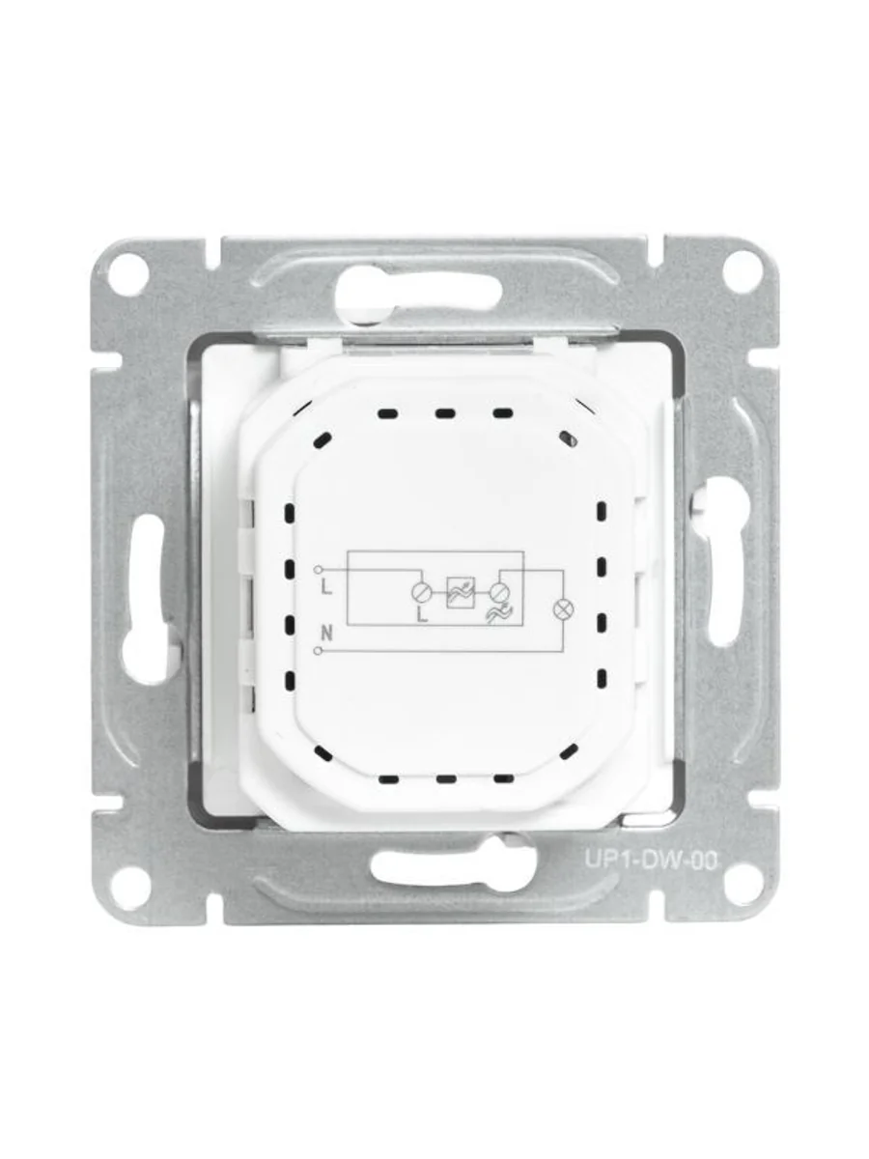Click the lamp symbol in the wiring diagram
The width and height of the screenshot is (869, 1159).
563,609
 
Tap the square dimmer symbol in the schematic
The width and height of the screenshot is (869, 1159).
462,592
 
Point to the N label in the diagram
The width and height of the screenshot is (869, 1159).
327,633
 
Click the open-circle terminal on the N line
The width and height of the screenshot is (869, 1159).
318,651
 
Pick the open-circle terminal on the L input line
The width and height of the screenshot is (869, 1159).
318,569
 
